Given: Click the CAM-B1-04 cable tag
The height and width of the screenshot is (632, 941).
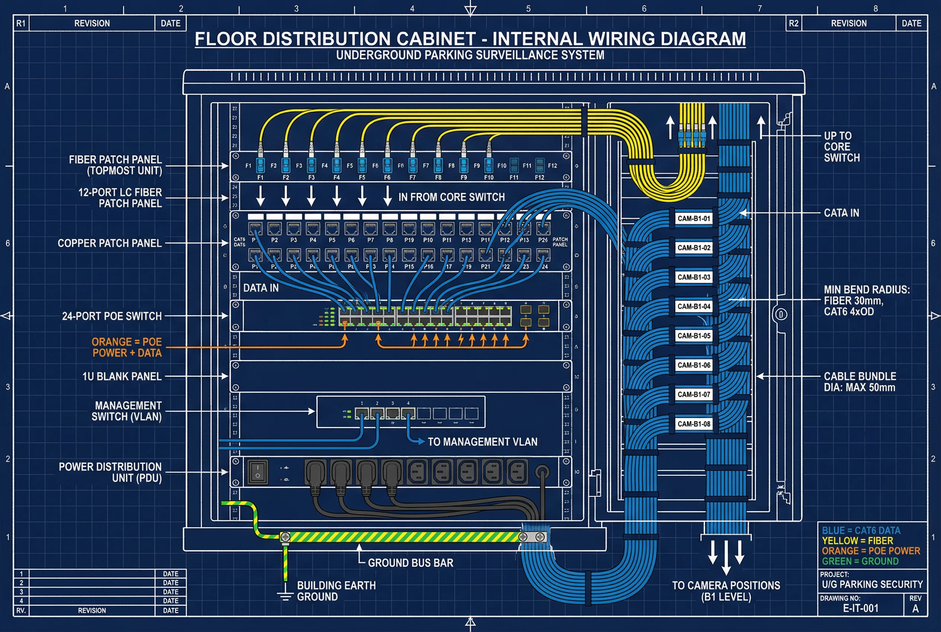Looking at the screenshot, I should click(693, 306).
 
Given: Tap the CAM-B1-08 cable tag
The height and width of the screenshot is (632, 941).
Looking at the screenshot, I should click(693, 424).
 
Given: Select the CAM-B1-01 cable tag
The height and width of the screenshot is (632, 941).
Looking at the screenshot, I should click(693, 218).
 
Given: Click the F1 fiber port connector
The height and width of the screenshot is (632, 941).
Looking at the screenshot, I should click(261, 165).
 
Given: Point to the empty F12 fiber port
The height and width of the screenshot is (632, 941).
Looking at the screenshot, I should click(540, 165).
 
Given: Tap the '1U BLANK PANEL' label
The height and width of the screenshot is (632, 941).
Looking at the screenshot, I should click(122, 376).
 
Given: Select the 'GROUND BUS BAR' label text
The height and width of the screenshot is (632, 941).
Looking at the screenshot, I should click(410, 563).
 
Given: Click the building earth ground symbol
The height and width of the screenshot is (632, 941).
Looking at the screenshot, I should click(285, 596).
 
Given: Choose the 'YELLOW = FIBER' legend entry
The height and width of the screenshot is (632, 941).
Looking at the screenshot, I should click(857, 540).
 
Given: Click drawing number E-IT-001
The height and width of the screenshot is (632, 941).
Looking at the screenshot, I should click(861, 608).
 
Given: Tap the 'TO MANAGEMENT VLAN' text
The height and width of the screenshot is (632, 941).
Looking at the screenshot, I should click(482, 442).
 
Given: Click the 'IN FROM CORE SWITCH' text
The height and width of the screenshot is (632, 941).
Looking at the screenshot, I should click(451, 197).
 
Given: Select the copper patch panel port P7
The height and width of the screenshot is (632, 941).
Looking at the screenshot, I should click(370, 229).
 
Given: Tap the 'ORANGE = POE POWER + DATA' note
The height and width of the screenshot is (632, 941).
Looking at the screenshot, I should click(127, 347).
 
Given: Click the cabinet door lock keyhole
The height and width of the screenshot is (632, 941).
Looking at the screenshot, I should click(780, 315).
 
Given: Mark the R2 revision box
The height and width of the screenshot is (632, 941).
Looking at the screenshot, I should click(793, 23).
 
